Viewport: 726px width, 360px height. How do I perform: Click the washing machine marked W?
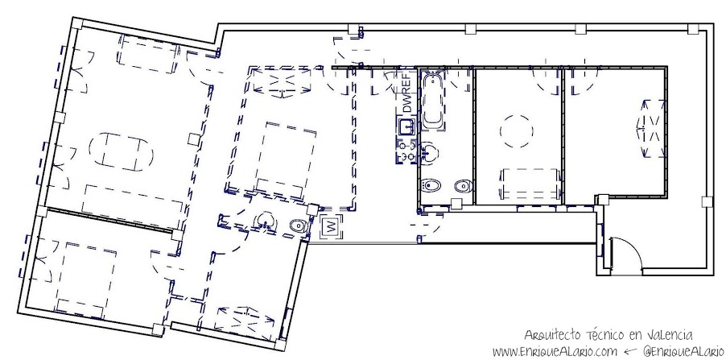332,227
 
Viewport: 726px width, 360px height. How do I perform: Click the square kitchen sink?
406,126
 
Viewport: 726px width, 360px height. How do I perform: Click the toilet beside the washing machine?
299,226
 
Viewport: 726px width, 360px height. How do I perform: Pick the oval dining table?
121,151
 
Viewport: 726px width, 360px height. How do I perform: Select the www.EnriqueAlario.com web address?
555,350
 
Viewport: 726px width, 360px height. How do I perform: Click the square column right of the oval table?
194,138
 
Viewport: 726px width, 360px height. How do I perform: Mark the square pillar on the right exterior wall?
707,201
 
